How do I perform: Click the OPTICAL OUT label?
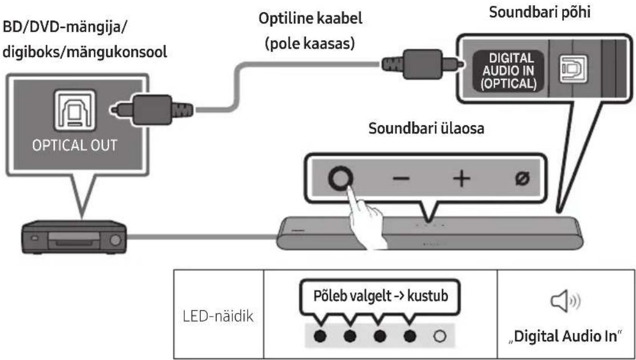tap(74, 145)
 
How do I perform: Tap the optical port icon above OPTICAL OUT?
tap(74, 110)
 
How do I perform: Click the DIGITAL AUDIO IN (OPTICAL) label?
tap(510, 71)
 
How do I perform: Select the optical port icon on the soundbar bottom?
tap(573, 69)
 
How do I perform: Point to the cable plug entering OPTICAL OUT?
tap(152, 109)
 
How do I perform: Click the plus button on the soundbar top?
tap(462, 179)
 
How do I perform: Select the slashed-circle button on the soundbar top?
tap(522, 179)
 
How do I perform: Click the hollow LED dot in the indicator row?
tap(440, 336)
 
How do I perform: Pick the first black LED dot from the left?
tap(320, 336)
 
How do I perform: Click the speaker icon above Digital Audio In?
tap(566, 302)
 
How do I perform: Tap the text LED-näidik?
tap(218, 316)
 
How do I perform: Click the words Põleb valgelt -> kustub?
tap(380, 295)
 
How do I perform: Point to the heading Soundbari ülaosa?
tap(426, 129)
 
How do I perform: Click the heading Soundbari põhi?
tap(539, 12)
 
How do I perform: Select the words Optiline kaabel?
tap(311, 19)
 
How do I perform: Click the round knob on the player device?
tap(115, 240)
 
